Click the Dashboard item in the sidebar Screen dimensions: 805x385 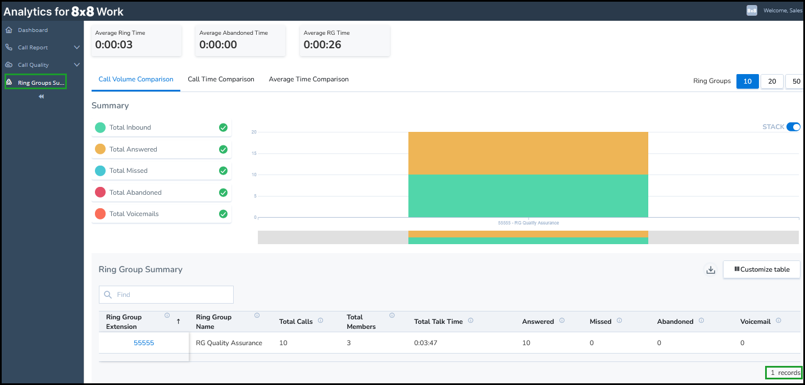[x=33, y=30]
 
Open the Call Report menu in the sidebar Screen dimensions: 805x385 [x=33, y=47]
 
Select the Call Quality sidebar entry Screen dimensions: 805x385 [x=33, y=65]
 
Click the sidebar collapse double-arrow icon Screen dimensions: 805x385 [x=42, y=97]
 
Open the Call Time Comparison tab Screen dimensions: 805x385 [x=221, y=79]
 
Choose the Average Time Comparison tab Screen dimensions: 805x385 [x=308, y=79]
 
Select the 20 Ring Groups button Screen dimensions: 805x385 [x=772, y=81]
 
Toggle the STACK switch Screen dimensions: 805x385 [x=793, y=127]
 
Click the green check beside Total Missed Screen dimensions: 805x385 [x=223, y=171]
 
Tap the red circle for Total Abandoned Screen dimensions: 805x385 [x=100, y=192]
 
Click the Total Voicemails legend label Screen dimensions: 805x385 [x=134, y=214]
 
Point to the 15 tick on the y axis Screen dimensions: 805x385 [x=254, y=153]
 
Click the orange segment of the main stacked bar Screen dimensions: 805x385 [x=528, y=153]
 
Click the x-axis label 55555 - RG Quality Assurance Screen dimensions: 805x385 [x=528, y=223]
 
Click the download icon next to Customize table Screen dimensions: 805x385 [x=711, y=270]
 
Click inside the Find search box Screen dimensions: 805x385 [x=166, y=295]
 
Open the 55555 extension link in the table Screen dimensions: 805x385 [x=144, y=343]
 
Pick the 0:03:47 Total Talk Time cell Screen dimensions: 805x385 [x=425, y=343]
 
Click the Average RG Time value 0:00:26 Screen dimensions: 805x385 [x=322, y=44]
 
